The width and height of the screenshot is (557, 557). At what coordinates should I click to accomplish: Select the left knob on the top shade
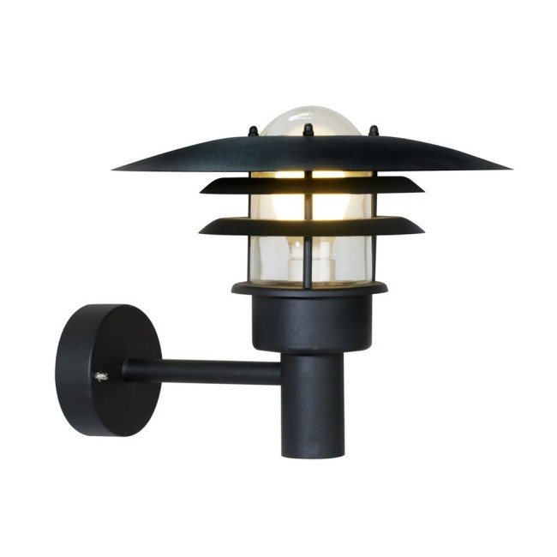pos(253,132)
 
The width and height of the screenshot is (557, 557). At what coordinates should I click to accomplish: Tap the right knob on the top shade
pos(373,131)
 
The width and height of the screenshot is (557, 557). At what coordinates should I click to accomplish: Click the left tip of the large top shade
pos(117,166)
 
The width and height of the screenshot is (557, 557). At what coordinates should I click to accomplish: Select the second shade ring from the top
pos(311,186)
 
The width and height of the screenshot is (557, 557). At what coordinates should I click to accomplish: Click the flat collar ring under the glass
pos(309,288)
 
